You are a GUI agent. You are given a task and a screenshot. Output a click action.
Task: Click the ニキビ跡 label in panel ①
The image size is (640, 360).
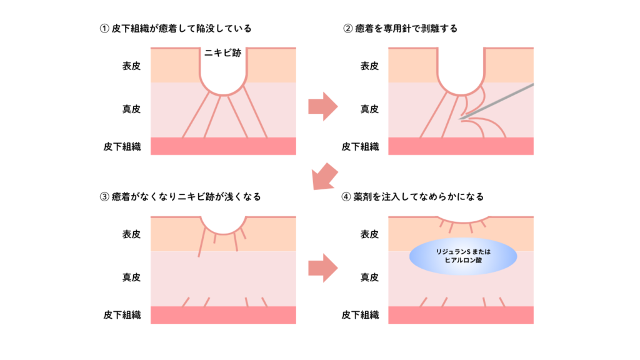pyautogui.click(x=223, y=54)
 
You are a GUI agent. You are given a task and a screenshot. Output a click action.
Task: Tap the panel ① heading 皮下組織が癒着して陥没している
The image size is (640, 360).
pyautogui.click(x=175, y=29)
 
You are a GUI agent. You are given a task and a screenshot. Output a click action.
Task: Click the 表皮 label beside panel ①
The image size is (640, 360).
pyautogui.click(x=131, y=66)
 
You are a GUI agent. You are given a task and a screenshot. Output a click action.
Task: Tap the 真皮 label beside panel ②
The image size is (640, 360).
pyautogui.click(x=369, y=109)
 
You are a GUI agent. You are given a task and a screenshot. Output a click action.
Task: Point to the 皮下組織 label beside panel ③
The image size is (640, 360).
pyautogui.click(x=122, y=315)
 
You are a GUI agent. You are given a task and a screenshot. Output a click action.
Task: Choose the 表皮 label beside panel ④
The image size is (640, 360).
pyautogui.click(x=369, y=234)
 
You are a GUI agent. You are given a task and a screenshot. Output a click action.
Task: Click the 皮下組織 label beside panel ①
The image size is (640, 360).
pyautogui.click(x=122, y=147)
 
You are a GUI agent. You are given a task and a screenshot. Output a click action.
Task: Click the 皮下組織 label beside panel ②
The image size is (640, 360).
pyautogui.click(x=361, y=147)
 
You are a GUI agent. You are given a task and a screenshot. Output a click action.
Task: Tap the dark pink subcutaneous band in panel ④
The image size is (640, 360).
pyautogui.click(x=461, y=314)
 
